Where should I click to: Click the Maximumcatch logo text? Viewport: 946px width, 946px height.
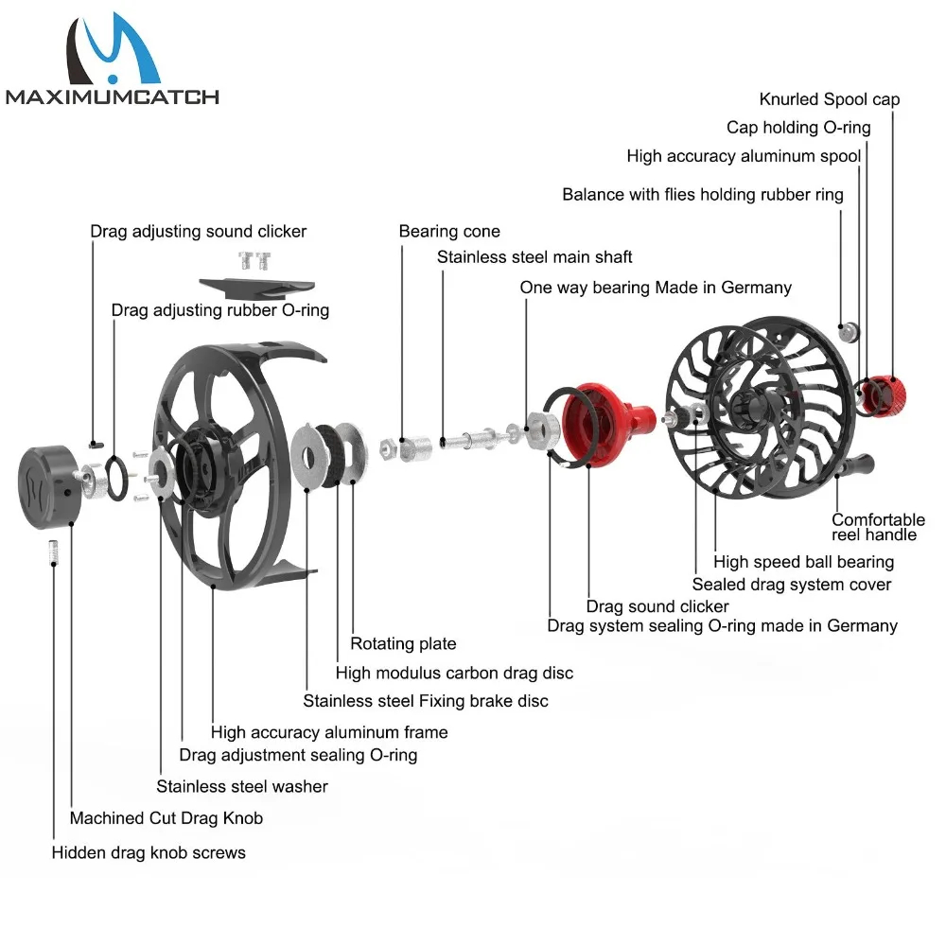pyautogui.click(x=112, y=96)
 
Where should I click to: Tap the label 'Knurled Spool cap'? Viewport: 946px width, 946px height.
pyautogui.click(x=830, y=99)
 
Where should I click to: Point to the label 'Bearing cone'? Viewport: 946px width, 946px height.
pyautogui.click(x=449, y=232)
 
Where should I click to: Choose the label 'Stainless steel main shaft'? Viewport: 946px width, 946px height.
pyautogui.click(x=534, y=257)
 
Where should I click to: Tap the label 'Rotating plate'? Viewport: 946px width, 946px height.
pyautogui.click(x=403, y=644)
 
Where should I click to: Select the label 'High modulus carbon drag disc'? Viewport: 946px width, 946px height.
pyautogui.click(x=454, y=674)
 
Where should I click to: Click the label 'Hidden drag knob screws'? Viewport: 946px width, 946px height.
pyautogui.click(x=149, y=853)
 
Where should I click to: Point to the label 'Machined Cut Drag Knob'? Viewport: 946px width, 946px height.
pyautogui.click(x=166, y=818)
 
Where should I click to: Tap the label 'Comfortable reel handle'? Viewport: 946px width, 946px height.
pyautogui.click(x=878, y=528)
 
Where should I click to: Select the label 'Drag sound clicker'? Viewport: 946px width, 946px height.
pyautogui.click(x=657, y=606)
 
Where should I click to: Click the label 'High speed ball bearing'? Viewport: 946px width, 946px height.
pyautogui.click(x=803, y=563)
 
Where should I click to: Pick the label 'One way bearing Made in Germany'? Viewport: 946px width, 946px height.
pyautogui.click(x=656, y=288)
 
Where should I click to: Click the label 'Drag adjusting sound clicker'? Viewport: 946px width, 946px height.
pyautogui.click(x=199, y=232)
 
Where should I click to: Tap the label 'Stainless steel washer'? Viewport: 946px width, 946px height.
pyautogui.click(x=242, y=786)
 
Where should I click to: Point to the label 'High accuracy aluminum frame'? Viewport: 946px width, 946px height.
pyautogui.click(x=329, y=732)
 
